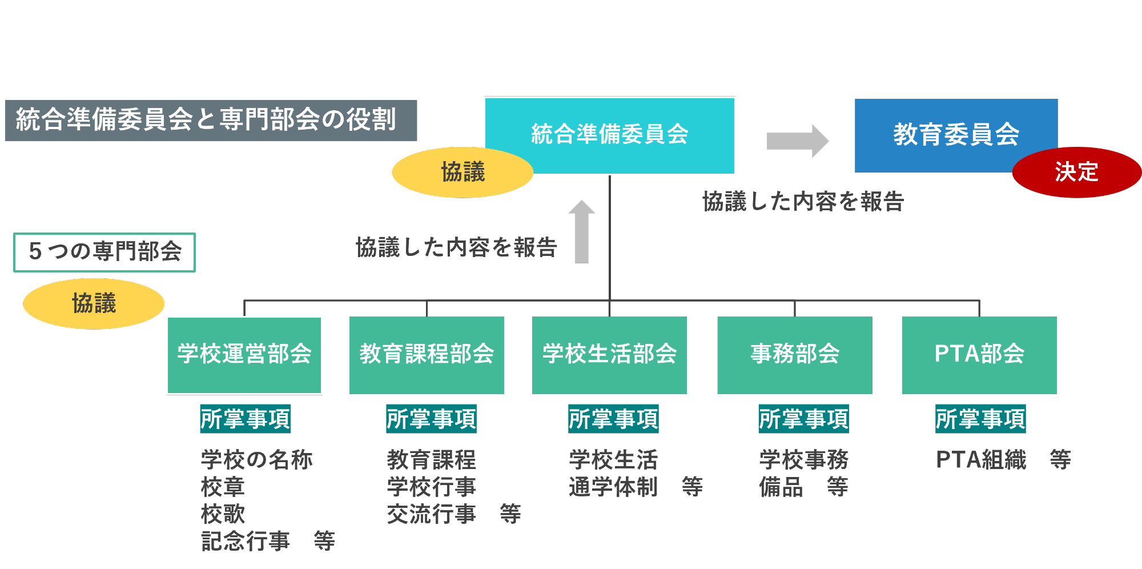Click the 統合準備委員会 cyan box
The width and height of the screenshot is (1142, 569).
(610, 135)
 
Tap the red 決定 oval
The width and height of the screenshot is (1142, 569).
(1076, 172)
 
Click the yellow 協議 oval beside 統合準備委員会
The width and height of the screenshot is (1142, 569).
(463, 172)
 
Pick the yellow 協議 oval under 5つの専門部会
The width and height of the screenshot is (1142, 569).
(94, 303)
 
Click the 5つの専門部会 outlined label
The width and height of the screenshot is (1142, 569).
(104, 252)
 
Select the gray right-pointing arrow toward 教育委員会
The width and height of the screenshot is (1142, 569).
(797, 141)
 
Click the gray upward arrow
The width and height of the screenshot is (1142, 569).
(582, 231)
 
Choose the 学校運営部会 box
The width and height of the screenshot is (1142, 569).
(244, 355)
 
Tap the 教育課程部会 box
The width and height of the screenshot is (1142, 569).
(427, 355)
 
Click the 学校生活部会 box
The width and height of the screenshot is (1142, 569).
(609, 355)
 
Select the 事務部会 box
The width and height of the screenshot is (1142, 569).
(795, 355)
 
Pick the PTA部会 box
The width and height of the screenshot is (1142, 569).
(979, 355)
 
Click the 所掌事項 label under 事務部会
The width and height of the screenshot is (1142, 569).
(803, 419)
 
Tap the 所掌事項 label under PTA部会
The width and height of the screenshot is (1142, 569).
(980, 419)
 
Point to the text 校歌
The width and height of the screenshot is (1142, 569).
(223, 514)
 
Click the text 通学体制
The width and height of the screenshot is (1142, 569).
(613, 487)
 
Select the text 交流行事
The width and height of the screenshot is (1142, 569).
(431, 514)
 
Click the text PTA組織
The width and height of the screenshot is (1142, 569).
(981, 459)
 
